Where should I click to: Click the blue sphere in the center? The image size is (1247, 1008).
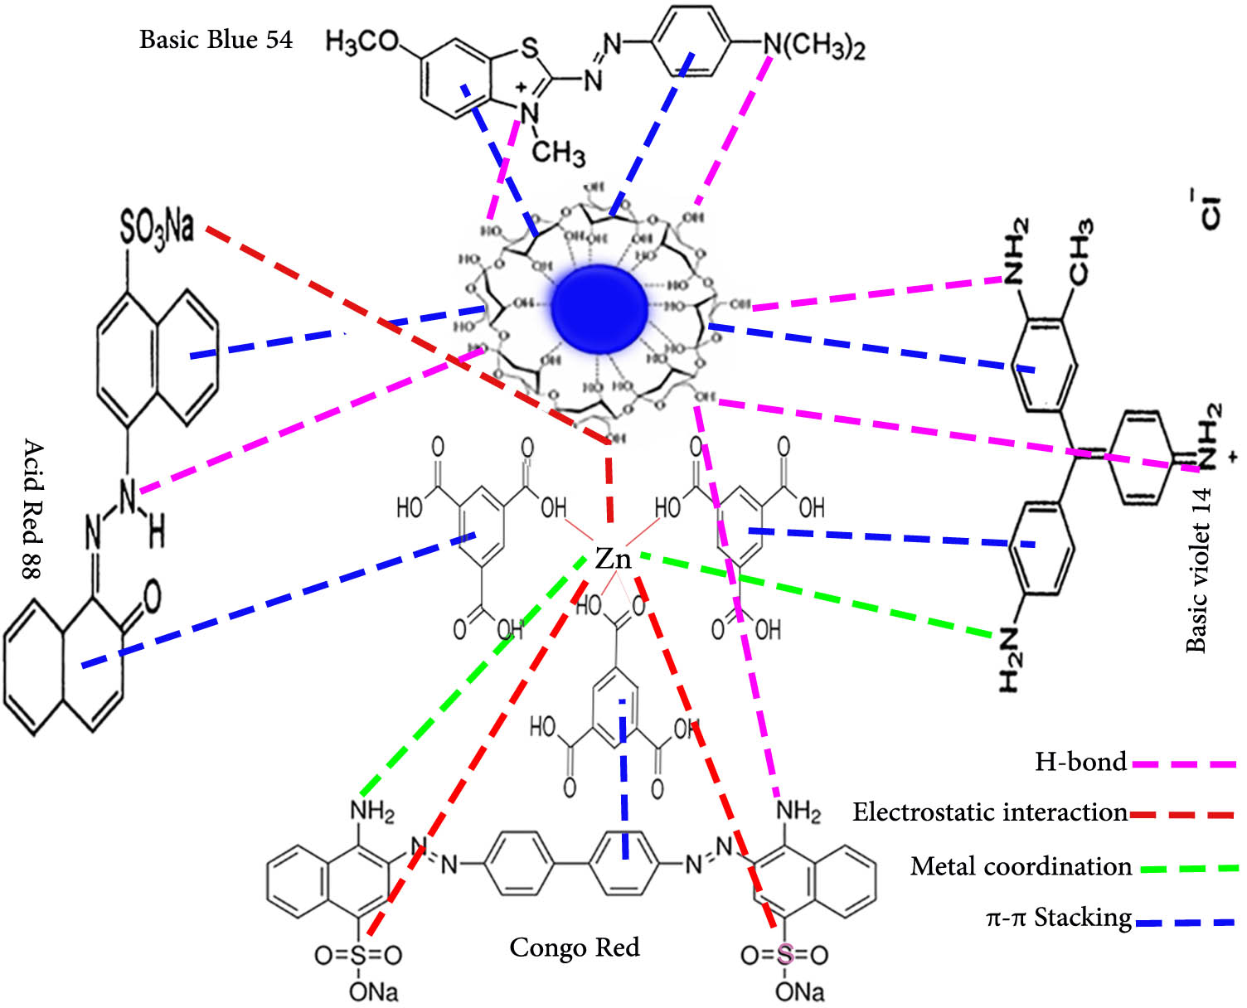click(x=599, y=303)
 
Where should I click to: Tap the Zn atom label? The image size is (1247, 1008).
click(x=614, y=559)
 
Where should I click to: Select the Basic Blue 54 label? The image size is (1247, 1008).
click(x=216, y=39)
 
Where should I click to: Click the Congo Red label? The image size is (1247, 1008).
click(x=574, y=947)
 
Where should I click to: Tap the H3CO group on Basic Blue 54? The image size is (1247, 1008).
click(x=362, y=41)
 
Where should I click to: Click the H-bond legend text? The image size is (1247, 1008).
click(x=1080, y=761)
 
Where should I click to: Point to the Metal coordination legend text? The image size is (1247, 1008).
click(x=1021, y=866)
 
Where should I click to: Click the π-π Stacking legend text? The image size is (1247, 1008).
click(x=1059, y=917)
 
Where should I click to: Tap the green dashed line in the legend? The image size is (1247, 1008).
click(x=1189, y=869)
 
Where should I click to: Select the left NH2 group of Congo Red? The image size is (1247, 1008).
click(x=372, y=811)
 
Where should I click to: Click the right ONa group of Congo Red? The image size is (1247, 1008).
click(x=799, y=991)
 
